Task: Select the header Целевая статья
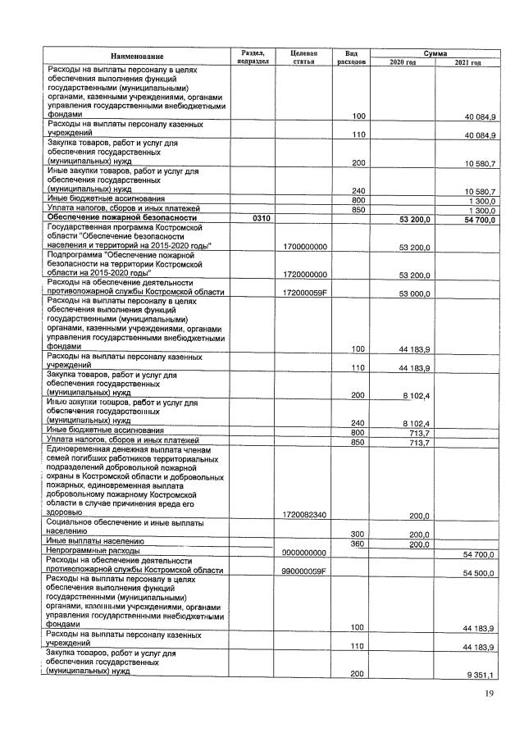click(x=303, y=56)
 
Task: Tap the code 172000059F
click(x=303, y=293)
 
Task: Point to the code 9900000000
click(x=303, y=553)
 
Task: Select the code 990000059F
click(x=303, y=571)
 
